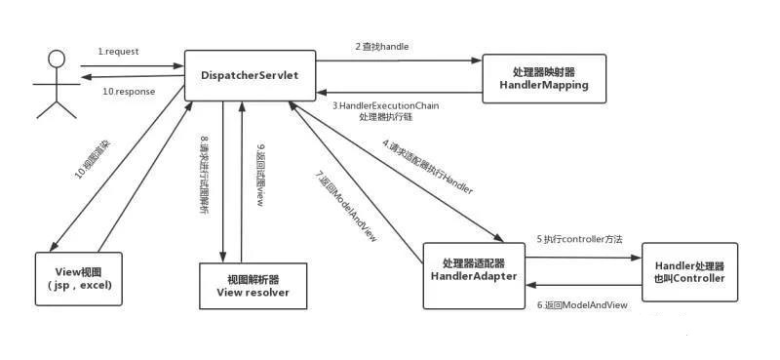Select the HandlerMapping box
pyautogui.click(x=544, y=79)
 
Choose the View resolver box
pyautogui.click(x=252, y=285)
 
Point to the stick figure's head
pyautogui.click(x=58, y=60)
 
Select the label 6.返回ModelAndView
pyautogui.click(x=583, y=304)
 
